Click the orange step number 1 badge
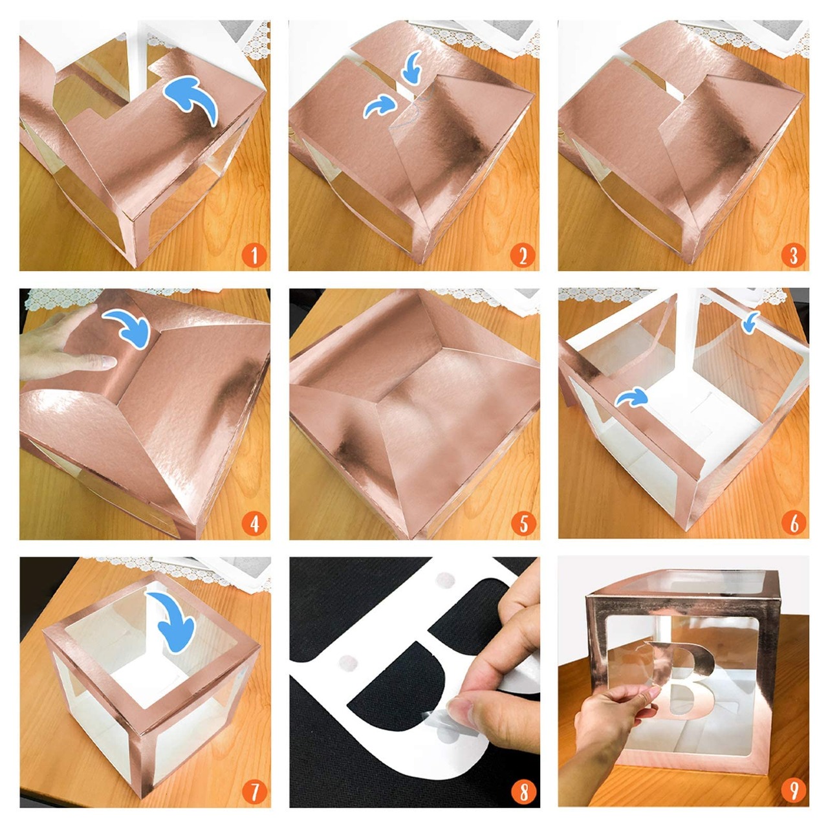point(254,256)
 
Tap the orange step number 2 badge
point(523,256)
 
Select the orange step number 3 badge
point(793,256)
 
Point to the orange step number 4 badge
point(254,524)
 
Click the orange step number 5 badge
point(523,524)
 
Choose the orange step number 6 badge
point(793,524)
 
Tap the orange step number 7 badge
point(254,793)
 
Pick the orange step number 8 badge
point(523,793)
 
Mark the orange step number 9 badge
point(793,793)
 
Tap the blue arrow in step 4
point(129,327)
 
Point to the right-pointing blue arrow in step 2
point(380,106)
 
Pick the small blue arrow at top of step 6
point(751,323)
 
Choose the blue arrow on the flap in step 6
point(631,397)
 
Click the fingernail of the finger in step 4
point(107,363)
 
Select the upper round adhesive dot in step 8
point(444,580)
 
